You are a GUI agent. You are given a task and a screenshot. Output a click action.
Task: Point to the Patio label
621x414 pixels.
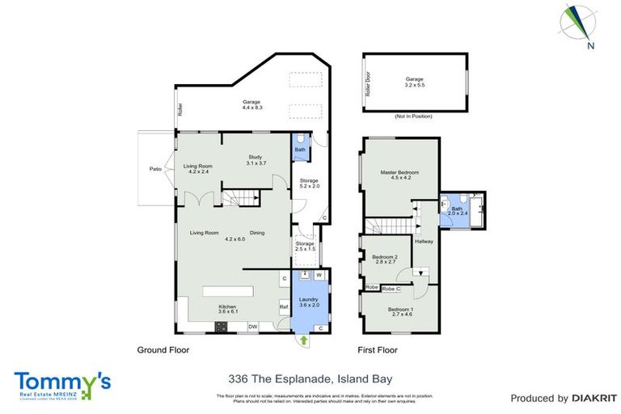[155, 169]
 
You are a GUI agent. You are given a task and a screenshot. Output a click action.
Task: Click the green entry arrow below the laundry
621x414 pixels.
[304, 340]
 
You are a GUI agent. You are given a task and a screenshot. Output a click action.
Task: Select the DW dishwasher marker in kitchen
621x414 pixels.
[253, 327]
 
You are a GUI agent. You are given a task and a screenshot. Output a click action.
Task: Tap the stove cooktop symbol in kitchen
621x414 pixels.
[221, 327]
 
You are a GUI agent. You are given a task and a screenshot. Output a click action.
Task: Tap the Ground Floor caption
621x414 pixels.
[164, 351]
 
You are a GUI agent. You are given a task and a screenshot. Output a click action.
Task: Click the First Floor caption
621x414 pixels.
[380, 351]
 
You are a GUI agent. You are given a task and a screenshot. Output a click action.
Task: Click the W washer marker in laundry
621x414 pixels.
[319, 276]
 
